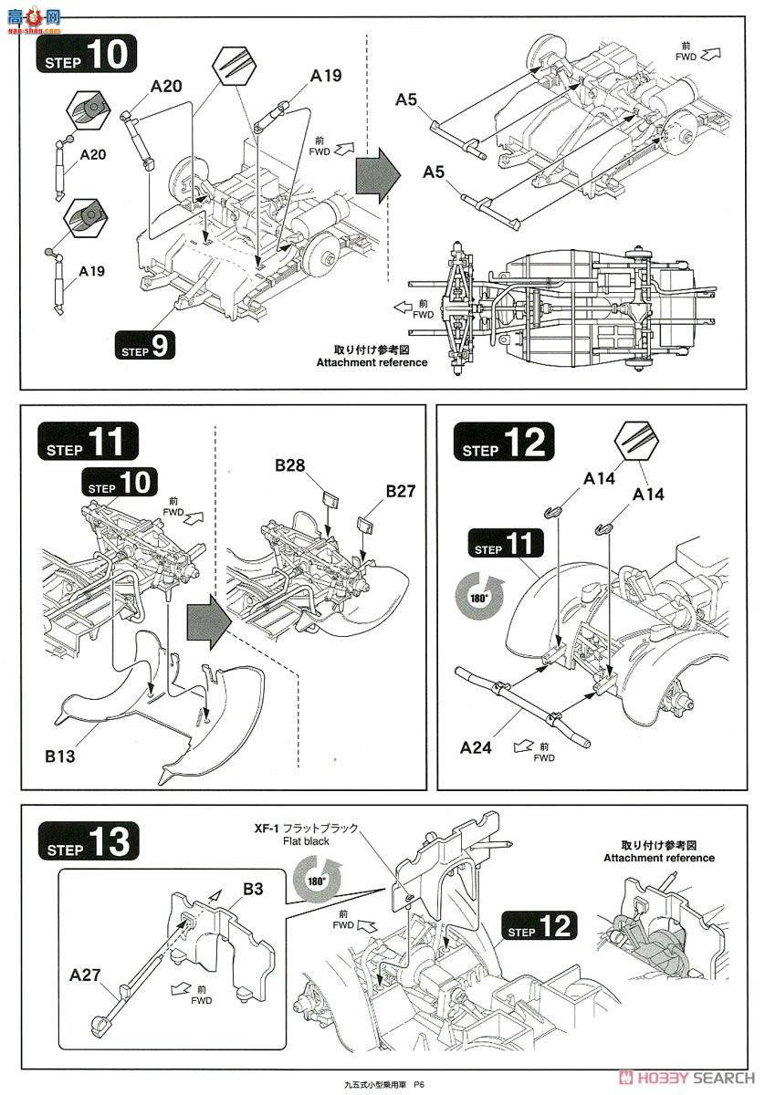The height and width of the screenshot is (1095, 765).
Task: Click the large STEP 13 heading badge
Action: pyautogui.click(x=89, y=840)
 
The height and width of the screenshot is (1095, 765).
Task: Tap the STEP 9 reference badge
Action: pyautogui.click(x=145, y=346)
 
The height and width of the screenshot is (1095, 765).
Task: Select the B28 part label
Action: pyautogui.click(x=290, y=464)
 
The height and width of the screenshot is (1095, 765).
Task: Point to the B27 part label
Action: pyautogui.click(x=401, y=490)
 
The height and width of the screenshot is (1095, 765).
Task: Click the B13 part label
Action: pyautogui.click(x=60, y=756)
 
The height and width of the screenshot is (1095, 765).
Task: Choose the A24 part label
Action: pyautogui.click(x=476, y=747)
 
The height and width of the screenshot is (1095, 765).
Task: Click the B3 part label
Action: pyautogui.click(x=253, y=888)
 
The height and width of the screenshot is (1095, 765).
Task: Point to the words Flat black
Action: pyautogui.click(x=306, y=841)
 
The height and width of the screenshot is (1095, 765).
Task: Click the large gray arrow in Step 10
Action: pyautogui.click(x=378, y=175)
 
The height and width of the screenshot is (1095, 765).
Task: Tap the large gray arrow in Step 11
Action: pyautogui.click(x=209, y=622)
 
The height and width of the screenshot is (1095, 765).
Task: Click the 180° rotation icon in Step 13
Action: pyautogui.click(x=317, y=881)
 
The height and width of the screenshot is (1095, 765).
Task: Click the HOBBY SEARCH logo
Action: pyautogui.click(x=686, y=1078)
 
